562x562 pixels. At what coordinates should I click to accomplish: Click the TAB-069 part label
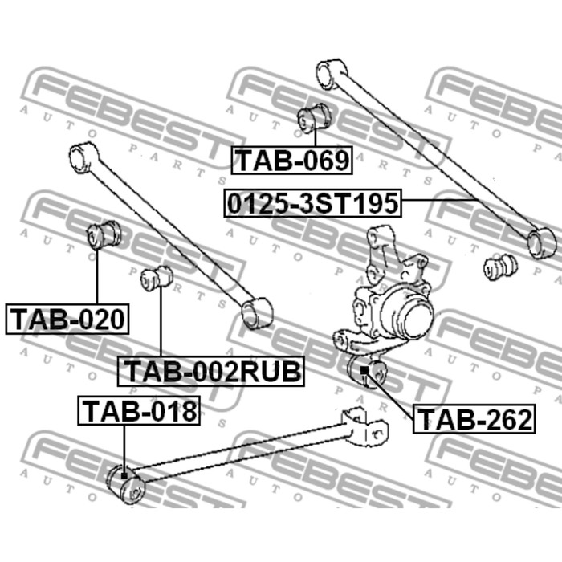pos(291,161)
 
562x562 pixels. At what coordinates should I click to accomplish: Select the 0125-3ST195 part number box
pos(312,203)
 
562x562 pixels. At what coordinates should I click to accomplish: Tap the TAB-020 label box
pos(67,319)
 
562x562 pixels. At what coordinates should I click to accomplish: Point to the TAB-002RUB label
pos(211,371)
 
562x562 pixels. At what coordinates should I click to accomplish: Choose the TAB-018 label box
pos(139,410)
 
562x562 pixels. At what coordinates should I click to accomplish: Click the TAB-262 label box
pos(474,419)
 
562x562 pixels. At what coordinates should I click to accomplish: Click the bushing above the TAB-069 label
pos(314,118)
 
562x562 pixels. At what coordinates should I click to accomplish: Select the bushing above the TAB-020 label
pos(104,235)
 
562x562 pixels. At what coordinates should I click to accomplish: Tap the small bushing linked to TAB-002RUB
pos(157,279)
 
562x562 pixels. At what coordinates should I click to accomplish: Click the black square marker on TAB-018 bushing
pos(124,475)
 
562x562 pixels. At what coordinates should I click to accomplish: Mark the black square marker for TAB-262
pos(364,370)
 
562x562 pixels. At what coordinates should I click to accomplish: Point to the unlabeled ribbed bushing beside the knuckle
pos(500,267)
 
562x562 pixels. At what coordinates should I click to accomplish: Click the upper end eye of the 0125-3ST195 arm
pos(332,74)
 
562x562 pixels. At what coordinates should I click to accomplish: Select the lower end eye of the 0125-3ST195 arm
pos(542,242)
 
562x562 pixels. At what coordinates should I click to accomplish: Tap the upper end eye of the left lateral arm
pos(83,157)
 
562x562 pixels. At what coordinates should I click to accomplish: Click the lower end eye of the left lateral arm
pos(257,313)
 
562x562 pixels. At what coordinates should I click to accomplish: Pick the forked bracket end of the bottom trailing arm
pos(364,426)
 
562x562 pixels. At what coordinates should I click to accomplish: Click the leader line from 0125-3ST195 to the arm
pos(440,199)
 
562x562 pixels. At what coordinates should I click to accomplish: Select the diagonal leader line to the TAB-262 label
pos(390,395)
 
